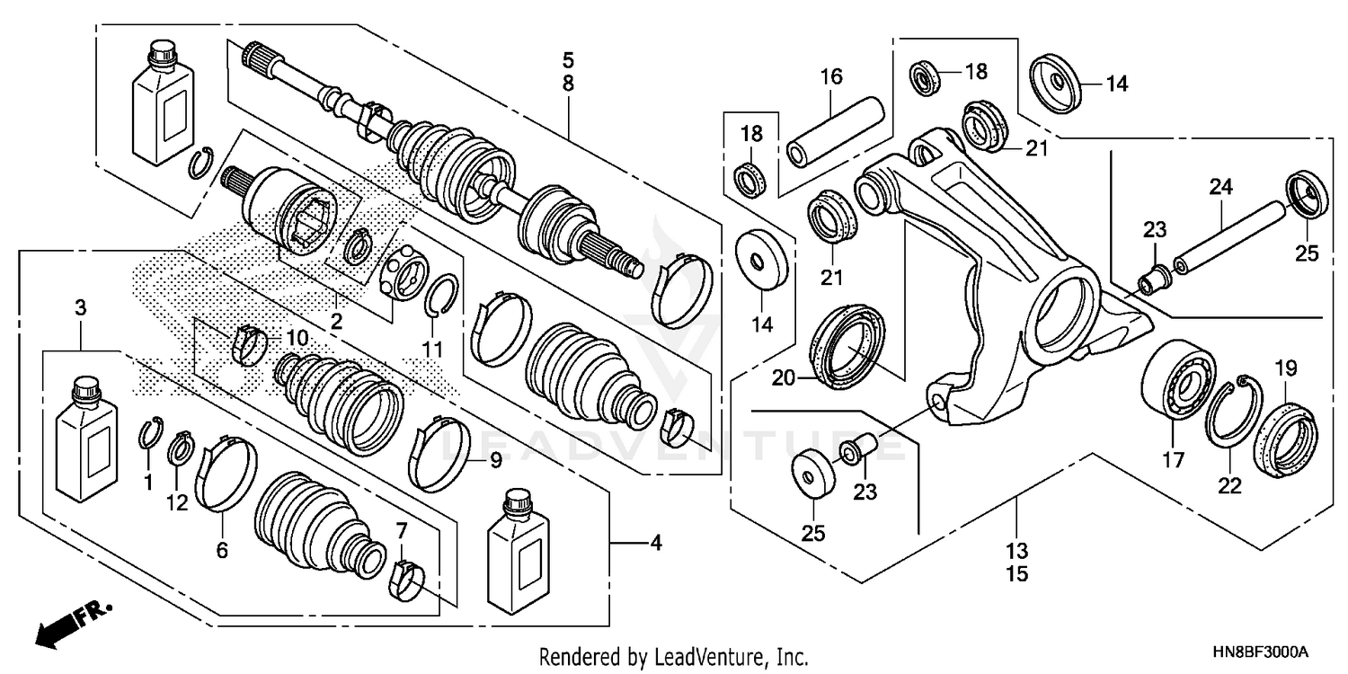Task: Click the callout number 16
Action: pyautogui.click(x=830, y=76)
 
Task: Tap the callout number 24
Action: pyautogui.click(x=1220, y=188)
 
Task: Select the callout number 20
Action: pyautogui.click(x=784, y=378)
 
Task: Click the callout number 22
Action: pyautogui.click(x=1229, y=486)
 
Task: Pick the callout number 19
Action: pyautogui.click(x=1285, y=366)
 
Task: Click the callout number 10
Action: pyautogui.click(x=297, y=339)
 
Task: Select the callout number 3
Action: pyautogui.click(x=81, y=308)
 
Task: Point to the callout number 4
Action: pyautogui.click(x=656, y=543)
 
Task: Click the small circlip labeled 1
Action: pyautogui.click(x=152, y=431)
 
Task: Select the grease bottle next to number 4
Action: pyautogui.click(x=518, y=554)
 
